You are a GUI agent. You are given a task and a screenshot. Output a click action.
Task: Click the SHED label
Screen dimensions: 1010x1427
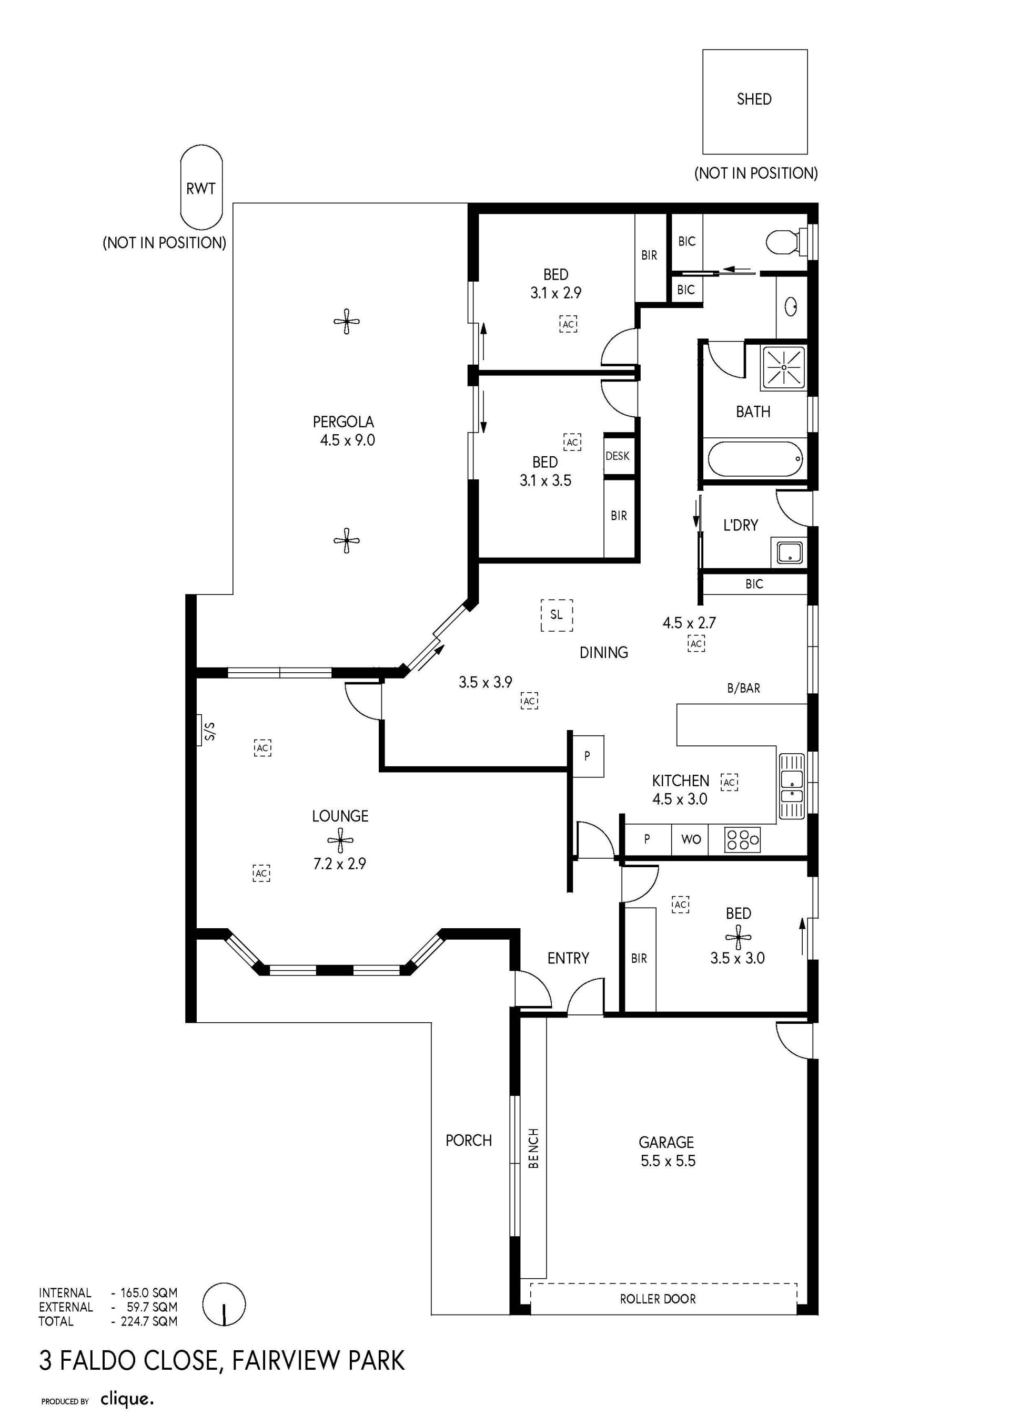754,99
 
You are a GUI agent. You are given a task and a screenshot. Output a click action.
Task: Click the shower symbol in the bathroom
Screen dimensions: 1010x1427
785,367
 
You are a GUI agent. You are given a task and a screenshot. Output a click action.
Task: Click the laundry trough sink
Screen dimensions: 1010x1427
789,552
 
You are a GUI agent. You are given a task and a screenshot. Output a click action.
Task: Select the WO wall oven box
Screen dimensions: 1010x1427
691,840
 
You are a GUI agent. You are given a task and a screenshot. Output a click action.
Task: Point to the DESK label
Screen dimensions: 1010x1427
618,456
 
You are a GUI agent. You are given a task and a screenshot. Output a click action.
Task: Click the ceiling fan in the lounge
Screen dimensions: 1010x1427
340,840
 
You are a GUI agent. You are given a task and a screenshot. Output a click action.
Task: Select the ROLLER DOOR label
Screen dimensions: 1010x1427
658,1299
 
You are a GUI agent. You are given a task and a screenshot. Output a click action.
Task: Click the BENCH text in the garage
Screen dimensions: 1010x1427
533,1148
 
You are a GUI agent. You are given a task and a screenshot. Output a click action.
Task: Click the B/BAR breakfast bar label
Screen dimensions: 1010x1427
743,688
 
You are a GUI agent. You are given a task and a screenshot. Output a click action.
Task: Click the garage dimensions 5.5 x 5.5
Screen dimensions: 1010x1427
668,1161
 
